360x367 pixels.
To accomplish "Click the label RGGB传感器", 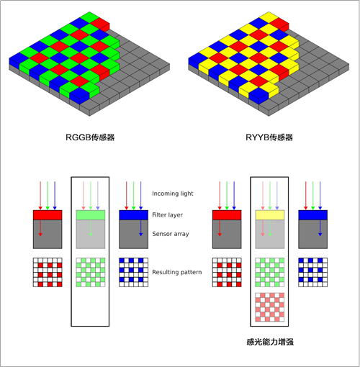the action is click(x=90, y=137).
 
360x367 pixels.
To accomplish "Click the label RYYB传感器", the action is click(x=269, y=137).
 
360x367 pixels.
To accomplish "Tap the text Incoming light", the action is click(x=173, y=194).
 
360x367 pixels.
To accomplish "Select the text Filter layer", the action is click(x=167, y=215).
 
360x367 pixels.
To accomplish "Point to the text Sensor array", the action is click(x=171, y=234).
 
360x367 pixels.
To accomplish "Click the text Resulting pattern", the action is click(x=177, y=272).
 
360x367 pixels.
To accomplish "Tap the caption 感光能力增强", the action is click(x=270, y=342).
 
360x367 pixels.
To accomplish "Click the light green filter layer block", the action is click(x=91, y=215).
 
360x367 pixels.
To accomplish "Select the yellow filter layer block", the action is click(x=270, y=215).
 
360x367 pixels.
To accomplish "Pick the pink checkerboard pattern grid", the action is click(x=270, y=307).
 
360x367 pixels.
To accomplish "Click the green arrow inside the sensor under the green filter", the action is click(x=91, y=228).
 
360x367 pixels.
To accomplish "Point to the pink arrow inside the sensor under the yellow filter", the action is click(x=263, y=228).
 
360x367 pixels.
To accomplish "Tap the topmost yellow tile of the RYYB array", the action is click(x=269, y=17).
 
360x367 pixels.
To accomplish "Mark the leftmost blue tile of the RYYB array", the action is click(x=198, y=58).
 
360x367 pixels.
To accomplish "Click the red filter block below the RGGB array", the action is click(x=48, y=215).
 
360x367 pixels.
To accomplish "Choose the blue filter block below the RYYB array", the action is click(x=312, y=215).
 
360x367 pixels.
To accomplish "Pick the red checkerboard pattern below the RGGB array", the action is click(x=48, y=272).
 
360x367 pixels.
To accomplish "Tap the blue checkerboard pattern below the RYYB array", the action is click(x=312, y=272).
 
